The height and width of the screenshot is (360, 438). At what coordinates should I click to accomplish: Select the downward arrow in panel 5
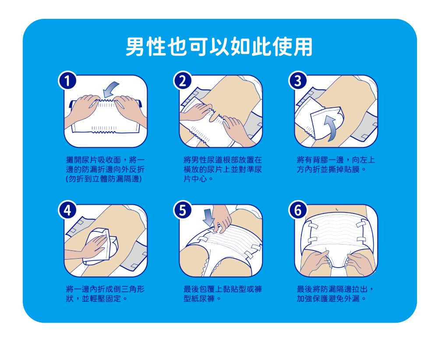pos(208,217)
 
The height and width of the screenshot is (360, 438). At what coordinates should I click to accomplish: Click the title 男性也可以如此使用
pos(219,47)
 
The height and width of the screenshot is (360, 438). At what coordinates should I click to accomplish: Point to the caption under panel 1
pos(105,170)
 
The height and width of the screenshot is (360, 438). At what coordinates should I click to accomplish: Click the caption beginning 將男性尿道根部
pos(223,170)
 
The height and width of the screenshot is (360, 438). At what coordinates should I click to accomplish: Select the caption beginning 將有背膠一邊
pos(336,165)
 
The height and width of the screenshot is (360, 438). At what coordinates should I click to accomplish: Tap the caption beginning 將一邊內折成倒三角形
pos(105,294)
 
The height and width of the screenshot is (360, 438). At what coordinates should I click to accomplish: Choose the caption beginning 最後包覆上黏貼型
pos(223,294)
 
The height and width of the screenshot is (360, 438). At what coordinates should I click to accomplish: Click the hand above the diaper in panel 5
pos(222,218)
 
